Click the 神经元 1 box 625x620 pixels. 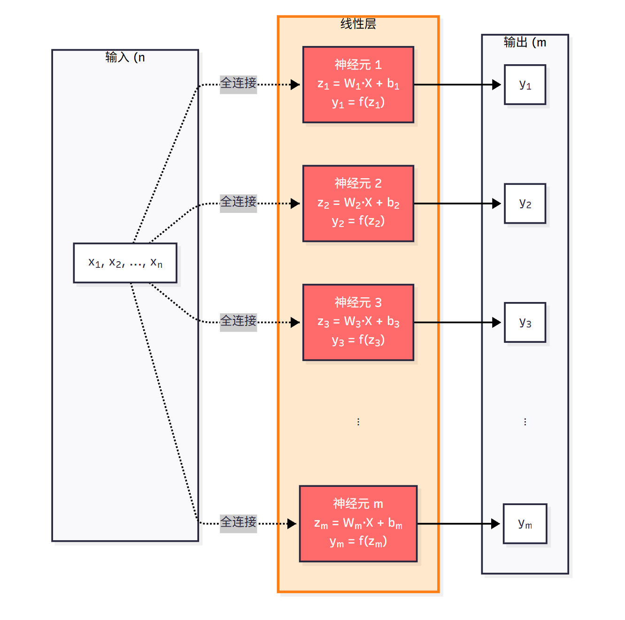pos(358,84)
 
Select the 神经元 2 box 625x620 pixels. pos(358,203)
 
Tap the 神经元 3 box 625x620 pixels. pos(358,322)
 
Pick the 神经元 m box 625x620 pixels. pos(358,523)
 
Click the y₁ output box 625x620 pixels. pos(525,84)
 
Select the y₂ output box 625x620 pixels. pos(525,203)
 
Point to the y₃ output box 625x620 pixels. pos(525,322)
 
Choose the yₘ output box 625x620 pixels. pos(525,523)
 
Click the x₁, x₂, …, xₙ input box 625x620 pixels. pos(125,263)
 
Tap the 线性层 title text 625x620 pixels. pos(358,23)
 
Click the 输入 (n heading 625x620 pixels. pos(125,57)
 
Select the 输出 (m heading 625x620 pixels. pos(525,42)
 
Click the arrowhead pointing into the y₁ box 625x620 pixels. pos(496,84)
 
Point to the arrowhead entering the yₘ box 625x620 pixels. pos(495,523)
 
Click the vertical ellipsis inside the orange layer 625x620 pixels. pos(358,422)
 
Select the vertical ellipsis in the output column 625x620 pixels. pos(525,422)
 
